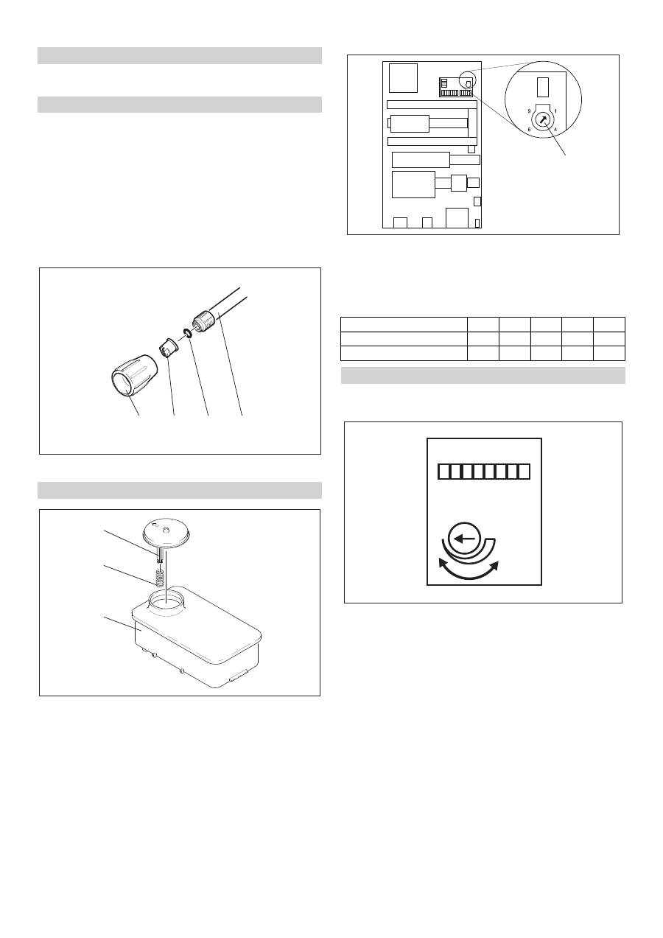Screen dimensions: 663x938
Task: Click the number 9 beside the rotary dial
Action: click(x=529, y=111)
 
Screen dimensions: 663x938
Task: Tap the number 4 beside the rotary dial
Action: click(x=555, y=130)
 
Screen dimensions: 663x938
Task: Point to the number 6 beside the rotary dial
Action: click(x=529, y=130)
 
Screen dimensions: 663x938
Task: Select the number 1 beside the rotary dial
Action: click(x=555, y=111)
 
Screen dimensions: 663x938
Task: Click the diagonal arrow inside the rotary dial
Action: click(x=543, y=120)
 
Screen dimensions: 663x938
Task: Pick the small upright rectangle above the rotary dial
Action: click(x=542, y=87)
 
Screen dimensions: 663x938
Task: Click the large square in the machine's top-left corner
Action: click(x=403, y=78)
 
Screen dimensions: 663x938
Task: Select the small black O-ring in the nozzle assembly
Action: click(x=188, y=333)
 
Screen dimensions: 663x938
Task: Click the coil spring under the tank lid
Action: click(x=159, y=578)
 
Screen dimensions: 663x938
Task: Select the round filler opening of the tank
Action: click(x=166, y=601)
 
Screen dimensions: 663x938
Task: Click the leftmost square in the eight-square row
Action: click(x=443, y=472)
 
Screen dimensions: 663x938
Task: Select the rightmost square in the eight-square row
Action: click(x=524, y=472)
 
